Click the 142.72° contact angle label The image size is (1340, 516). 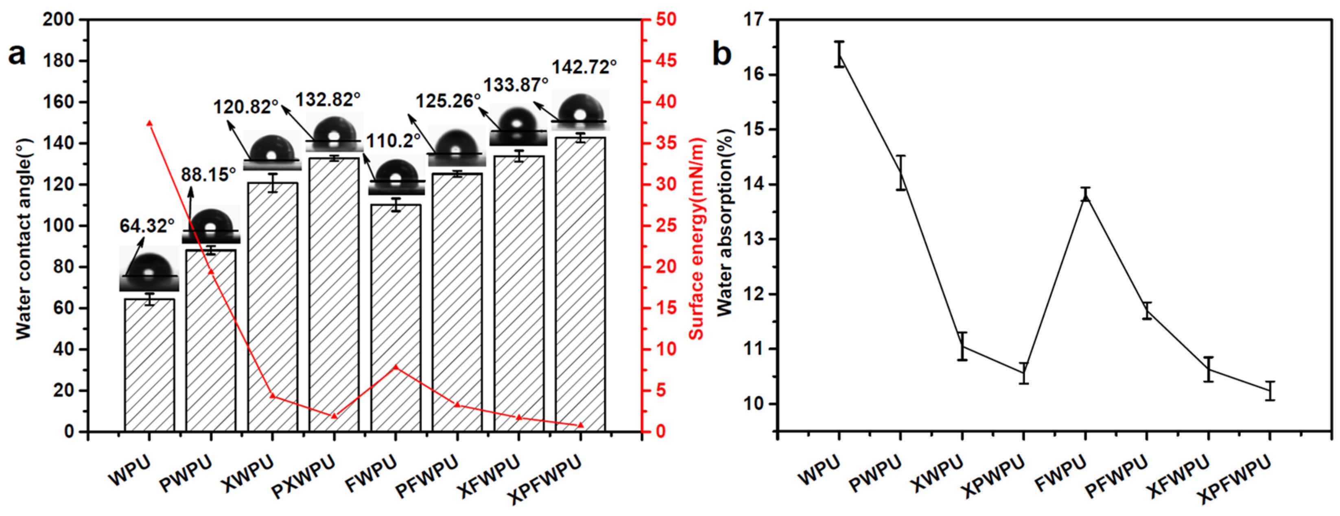point(584,67)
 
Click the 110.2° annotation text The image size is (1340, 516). point(393,140)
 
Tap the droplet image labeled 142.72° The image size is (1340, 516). point(580,110)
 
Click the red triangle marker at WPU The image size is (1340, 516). point(149,123)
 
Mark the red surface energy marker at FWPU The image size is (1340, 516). point(396,367)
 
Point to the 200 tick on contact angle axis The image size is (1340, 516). point(58,20)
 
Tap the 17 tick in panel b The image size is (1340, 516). point(755,20)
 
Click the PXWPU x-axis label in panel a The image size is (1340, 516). point(303,475)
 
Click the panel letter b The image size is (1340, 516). point(721,54)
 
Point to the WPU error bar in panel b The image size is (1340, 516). point(839,54)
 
